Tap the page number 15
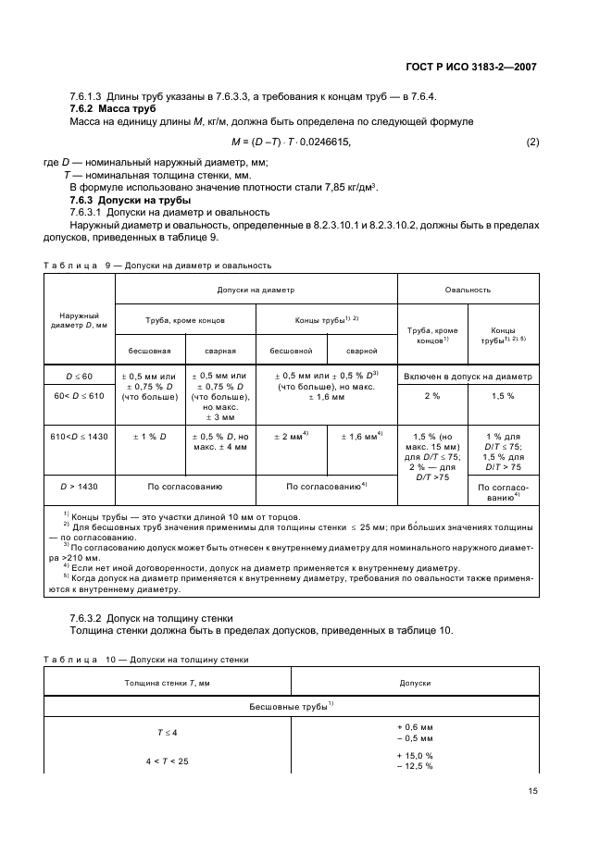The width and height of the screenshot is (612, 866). pos(533,790)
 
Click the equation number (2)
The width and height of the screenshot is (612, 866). pos(532,142)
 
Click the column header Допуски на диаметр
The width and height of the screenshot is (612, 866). pos(256,290)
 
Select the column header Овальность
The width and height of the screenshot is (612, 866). pos(468,290)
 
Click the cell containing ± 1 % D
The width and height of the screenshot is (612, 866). pos(150,435)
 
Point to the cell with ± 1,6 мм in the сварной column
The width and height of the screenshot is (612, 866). pos(361,435)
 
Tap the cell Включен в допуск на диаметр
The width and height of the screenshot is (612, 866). pos(468,377)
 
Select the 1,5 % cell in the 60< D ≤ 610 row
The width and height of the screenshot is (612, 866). pos(503,396)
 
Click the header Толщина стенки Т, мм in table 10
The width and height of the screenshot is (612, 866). pos(168,682)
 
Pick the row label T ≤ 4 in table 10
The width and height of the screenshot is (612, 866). pos(168,732)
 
